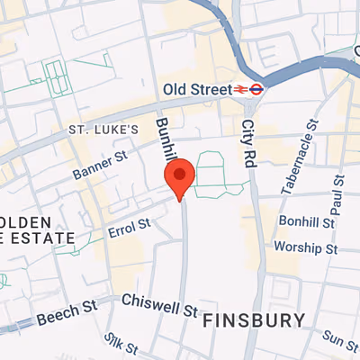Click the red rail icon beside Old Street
coord(240,89)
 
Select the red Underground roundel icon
coord(256,89)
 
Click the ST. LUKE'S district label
coord(104,130)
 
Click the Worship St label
coord(307,247)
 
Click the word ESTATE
coord(40,238)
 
